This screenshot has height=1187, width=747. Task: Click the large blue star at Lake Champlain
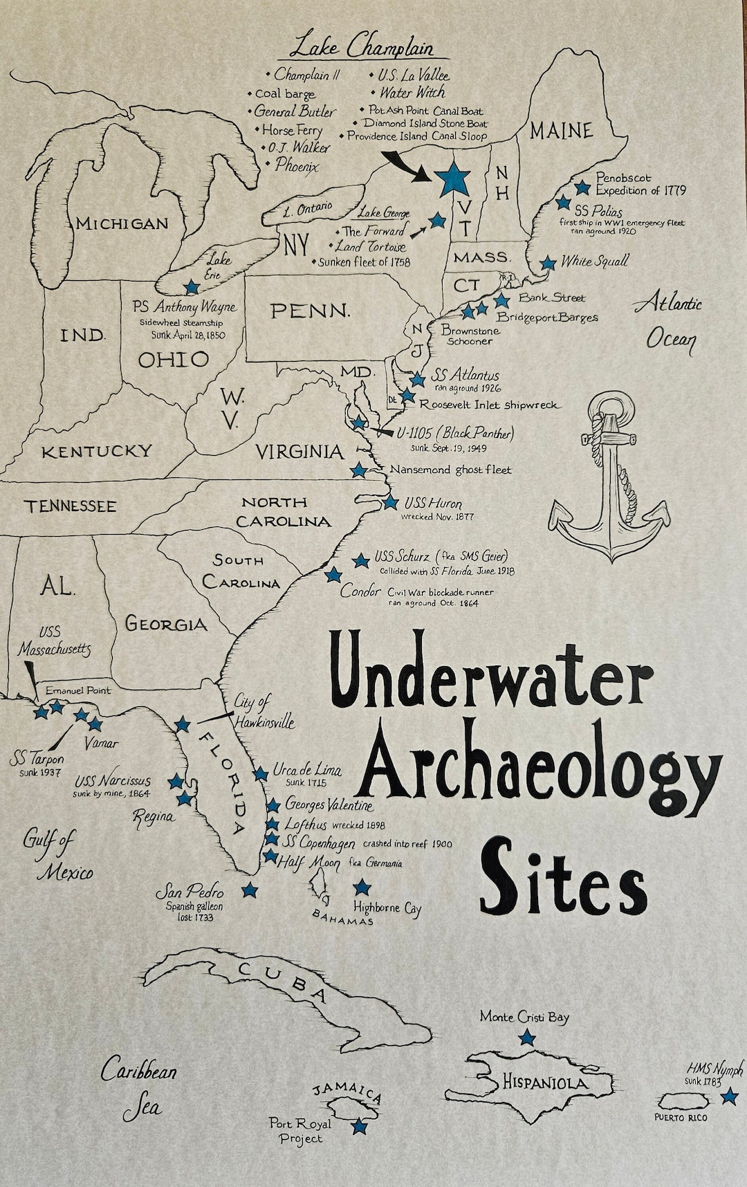coord(454,178)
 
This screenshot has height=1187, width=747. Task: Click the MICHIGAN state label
coord(122,223)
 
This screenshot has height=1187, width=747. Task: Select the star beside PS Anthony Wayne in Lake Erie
coord(192,286)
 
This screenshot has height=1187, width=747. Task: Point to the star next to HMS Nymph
coord(728,1097)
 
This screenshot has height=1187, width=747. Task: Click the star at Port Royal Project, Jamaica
coord(359,1127)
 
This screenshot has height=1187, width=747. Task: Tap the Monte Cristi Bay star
coord(527,1037)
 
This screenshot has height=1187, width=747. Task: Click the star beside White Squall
coord(548,263)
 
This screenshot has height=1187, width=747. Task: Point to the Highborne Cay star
coord(362,887)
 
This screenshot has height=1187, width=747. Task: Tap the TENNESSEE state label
coord(71,506)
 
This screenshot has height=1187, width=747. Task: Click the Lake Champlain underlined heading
coord(361,48)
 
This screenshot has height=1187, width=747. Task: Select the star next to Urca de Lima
coord(261,773)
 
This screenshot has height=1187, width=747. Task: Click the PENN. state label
coord(310,311)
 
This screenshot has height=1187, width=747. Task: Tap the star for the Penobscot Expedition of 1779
coord(582,187)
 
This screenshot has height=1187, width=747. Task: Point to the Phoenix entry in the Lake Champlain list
coord(297,165)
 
